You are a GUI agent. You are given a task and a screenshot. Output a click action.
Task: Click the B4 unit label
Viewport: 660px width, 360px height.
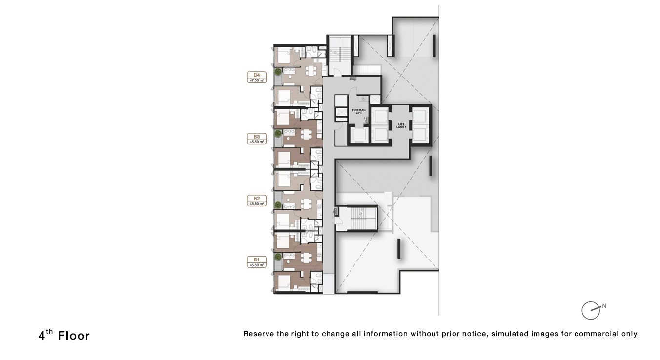(x=256, y=75)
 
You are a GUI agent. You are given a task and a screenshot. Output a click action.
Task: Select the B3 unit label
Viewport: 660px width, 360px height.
(x=256, y=137)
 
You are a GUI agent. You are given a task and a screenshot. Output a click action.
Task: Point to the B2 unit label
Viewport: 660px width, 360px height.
(x=256, y=199)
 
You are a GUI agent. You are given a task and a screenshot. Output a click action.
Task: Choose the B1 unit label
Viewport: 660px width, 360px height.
(x=256, y=260)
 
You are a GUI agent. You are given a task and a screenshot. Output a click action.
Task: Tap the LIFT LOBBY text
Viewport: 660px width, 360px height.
(x=401, y=125)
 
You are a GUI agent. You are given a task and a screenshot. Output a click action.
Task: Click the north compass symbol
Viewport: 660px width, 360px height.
(x=591, y=310)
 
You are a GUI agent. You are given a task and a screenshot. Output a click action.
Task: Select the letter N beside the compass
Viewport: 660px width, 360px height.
(x=604, y=306)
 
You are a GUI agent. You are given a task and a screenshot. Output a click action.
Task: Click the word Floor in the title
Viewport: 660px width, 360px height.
(x=74, y=336)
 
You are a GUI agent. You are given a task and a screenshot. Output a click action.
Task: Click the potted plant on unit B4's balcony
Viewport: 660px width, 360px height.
(x=277, y=72)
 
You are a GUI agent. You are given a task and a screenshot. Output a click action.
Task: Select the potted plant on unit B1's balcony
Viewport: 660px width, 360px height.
(x=277, y=257)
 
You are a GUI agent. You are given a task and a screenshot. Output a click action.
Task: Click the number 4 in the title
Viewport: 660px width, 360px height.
(x=42, y=336)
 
